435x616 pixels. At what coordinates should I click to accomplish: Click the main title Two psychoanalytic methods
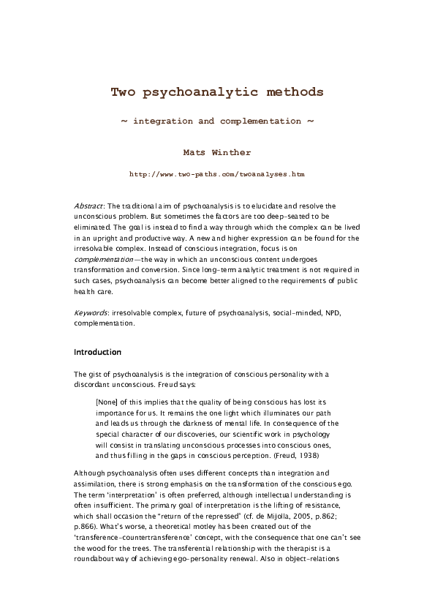217,92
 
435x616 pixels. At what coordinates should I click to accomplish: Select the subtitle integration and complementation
217,121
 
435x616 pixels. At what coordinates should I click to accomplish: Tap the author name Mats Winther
217,153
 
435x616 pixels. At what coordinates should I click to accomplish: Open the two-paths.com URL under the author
217,176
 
